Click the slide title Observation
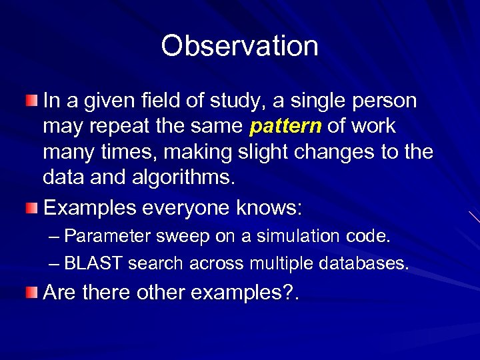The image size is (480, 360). point(239,46)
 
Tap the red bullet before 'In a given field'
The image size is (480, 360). point(32,101)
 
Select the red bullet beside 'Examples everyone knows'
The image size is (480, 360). point(32,209)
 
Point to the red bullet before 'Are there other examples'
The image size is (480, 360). point(32,293)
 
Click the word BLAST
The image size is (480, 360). point(93,264)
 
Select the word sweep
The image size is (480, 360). point(179,237)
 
